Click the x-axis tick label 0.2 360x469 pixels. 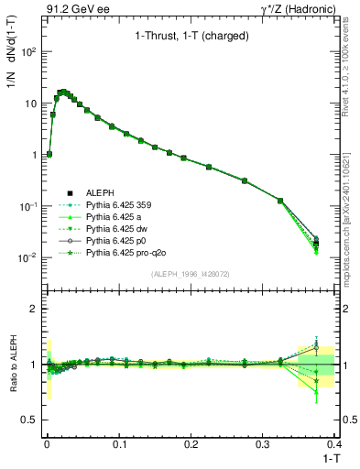click(x=191, y=443)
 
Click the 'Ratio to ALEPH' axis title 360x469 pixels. click(x=12, y=364)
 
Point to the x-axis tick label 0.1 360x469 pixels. click(x=119, y=443)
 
